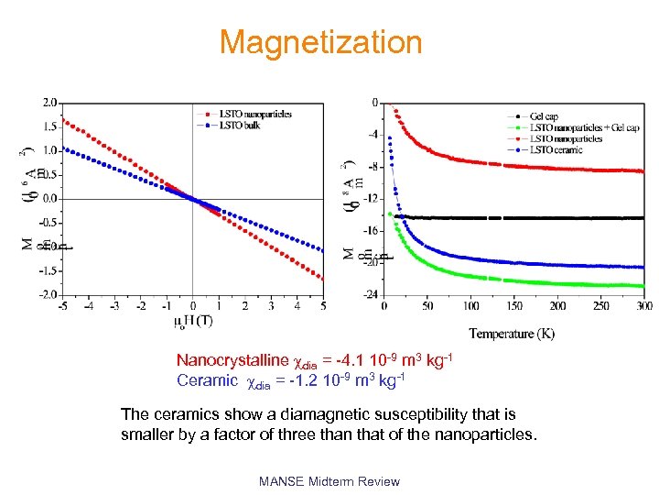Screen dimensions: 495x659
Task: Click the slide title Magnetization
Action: pyautogui.click(x=320, y=42)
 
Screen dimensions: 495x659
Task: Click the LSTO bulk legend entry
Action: pyautogui.click(x=239, y=125)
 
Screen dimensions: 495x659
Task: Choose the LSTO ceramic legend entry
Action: pyautogui.click(x=556, y=149)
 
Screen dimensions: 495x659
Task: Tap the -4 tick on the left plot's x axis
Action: pyautogui.click(x=88, y=305)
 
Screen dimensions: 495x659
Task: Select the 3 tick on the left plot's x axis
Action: pyautogui.click(x=271, y=305)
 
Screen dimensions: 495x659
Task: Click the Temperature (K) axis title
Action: pyautogui.click(x=512, y=333)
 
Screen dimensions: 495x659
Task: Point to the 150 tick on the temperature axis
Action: pyautogui.click(x=513, y=305)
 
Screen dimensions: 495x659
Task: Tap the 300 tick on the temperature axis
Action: pyautogui.click(x=643, y=305)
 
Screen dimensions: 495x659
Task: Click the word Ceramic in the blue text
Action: pyautogui.click(x=207, y=379)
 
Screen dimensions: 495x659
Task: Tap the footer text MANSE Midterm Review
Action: pyautogui.click(x=329, y=481)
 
